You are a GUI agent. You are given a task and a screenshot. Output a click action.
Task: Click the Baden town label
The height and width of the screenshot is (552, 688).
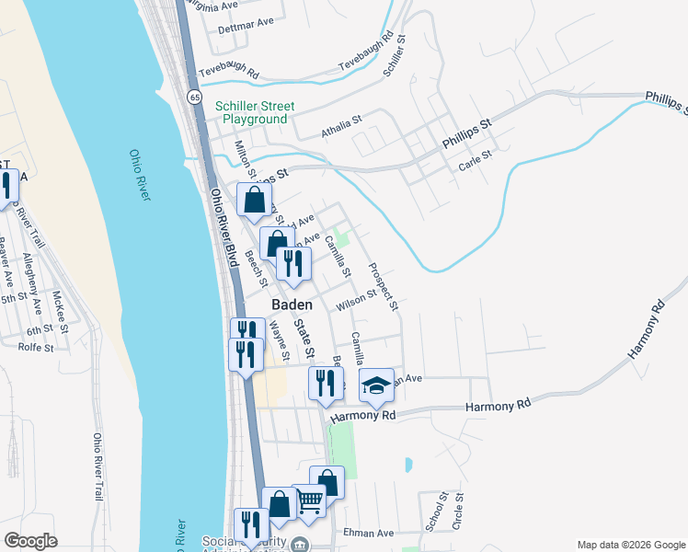pos(292,305)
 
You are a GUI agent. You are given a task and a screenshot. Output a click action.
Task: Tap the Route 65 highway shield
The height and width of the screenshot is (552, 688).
pos(194,96)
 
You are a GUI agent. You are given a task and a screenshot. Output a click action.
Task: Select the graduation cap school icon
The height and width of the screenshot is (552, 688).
pos(375,385)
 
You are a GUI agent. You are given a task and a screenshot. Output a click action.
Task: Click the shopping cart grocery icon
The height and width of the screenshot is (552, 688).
pos(310,500)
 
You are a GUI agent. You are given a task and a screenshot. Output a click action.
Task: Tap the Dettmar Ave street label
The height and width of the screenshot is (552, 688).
pos(246,25)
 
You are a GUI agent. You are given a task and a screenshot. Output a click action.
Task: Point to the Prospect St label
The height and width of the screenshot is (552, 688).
pos(383,286)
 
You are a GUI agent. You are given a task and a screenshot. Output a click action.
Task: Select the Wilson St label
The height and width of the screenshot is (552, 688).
pos(357,300)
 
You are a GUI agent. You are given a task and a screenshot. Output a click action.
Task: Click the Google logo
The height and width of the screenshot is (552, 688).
pos(30,540)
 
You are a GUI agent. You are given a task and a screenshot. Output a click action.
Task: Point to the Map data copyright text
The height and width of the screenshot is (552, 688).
pos(630,545)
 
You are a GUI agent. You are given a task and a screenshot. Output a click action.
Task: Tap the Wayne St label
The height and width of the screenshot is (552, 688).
pos(279,340)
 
